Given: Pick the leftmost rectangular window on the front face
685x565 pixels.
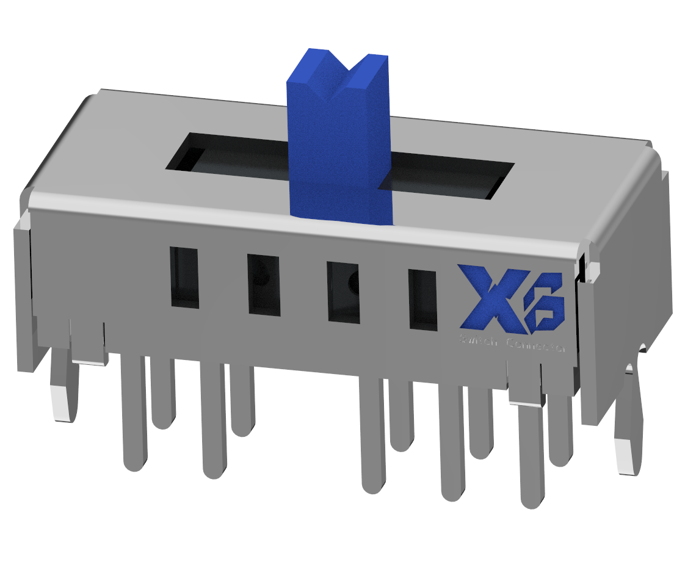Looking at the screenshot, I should click(x=184, y=278).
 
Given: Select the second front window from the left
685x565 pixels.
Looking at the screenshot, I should click(x=264, y=285).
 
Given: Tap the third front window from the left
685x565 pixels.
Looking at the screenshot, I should click(x=344, y=292).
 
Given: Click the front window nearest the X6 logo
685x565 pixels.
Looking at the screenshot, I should click(x=423, y=300).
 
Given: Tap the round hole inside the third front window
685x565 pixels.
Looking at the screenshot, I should click(x=352, y=282).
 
